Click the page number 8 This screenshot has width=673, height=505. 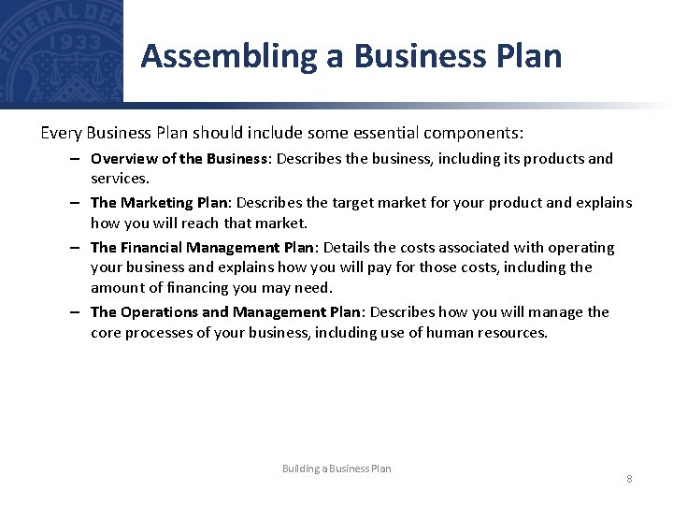click(x=629, y=479)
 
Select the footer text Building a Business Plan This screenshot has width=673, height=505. click(x=336, y=469)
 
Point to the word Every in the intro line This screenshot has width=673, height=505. click(x=62, y=133)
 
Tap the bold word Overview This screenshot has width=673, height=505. click(x=124, y=159)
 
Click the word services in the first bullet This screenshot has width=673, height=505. click(x=119, y=178)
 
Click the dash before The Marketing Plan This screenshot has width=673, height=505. click(x=72, y=203)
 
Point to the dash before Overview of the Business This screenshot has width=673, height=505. click(x=72, y=159)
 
